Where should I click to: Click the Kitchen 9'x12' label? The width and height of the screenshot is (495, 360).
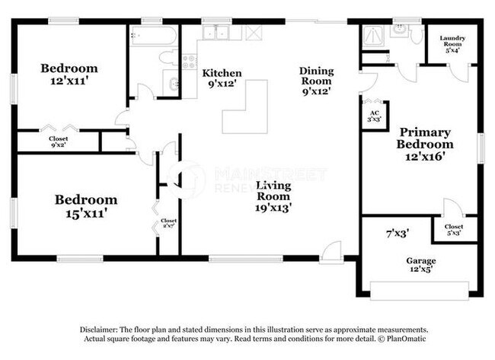click(x=222, y=78)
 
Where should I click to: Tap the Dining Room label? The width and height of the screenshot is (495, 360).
click(x=315, y=80)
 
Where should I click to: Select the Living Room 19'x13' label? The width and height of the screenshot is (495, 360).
click(x=274, y=196)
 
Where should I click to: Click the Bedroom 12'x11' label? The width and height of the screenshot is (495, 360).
click(x=69, y=74)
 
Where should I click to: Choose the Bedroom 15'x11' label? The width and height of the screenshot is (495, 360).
click(x=86, y=206)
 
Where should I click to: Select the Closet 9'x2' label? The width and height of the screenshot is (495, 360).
click(x=59, y=141)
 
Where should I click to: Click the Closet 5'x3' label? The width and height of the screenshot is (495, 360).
click(x=454, y=230)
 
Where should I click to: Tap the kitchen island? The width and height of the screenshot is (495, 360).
click(x=244, y=107)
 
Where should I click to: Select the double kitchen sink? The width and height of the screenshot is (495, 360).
click(x=222, y=33)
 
